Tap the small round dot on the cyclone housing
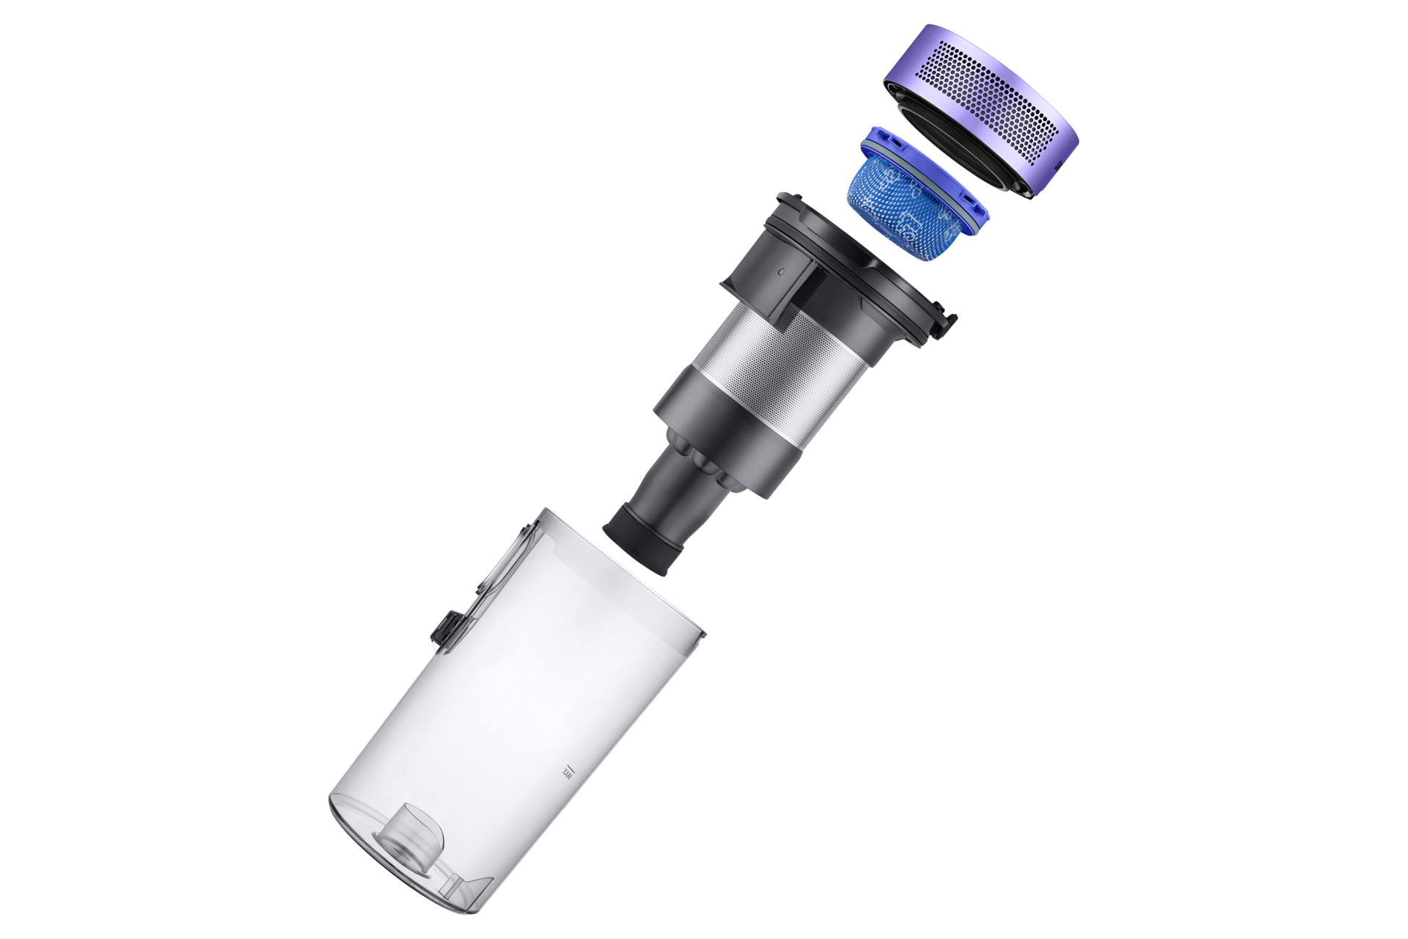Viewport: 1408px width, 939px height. [x=780, y=271]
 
